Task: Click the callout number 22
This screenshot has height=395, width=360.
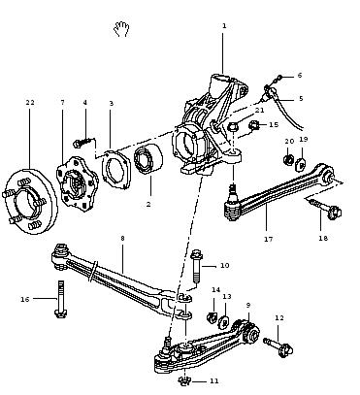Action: [30, 102]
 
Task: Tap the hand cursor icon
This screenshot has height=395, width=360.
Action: [121, 29]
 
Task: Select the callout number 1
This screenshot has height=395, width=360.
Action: [224, 26]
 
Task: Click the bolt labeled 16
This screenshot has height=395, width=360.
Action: [60, 299]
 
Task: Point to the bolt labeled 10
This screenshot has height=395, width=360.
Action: [196, 266]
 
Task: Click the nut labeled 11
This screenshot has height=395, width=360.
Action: [184, 381]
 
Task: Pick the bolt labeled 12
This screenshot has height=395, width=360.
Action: [278, 346]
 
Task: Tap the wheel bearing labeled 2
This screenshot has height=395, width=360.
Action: [148, 159]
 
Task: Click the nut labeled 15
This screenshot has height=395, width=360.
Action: [255, 125]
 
